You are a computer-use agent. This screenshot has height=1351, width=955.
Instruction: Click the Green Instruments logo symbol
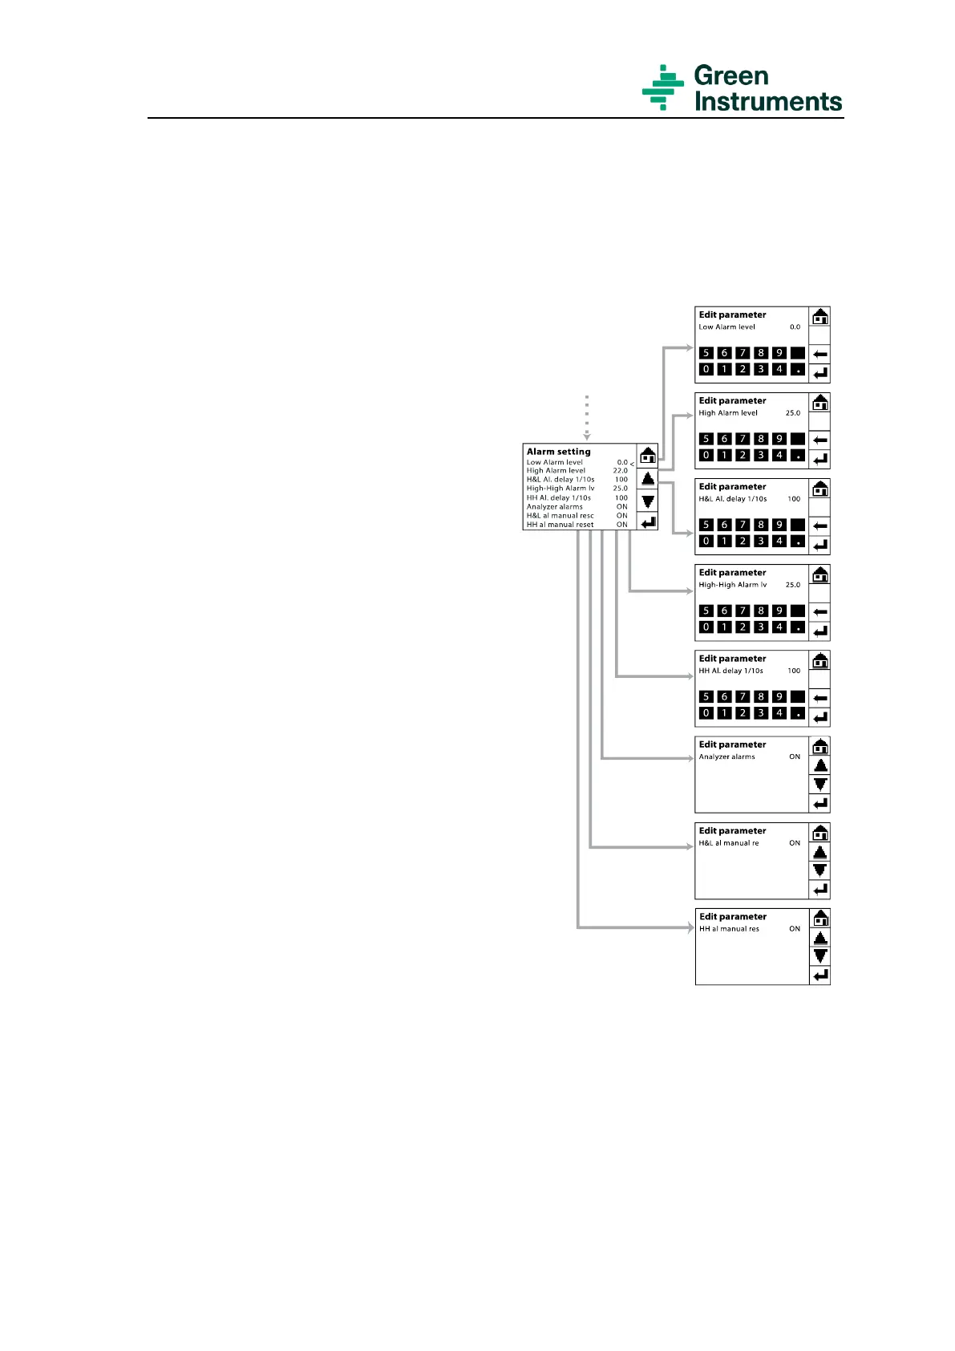(x=662, y=87)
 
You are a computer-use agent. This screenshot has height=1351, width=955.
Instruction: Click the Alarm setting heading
(x=558, y=452)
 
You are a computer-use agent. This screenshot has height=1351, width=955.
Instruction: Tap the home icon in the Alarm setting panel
(x=648, y=456)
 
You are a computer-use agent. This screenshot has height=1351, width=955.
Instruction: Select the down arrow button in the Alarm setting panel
(x=648, y=501)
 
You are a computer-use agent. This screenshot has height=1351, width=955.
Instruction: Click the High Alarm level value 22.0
(x=620, y=471)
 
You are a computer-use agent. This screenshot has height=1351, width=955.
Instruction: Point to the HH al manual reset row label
(x=560, y=525)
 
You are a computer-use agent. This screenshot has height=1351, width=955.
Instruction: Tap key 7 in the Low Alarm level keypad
(x=743, y=353)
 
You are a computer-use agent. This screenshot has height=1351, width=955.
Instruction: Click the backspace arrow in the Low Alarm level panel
(x=819, y=354)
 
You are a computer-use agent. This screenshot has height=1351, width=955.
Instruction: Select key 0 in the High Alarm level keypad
(x=706, y=456)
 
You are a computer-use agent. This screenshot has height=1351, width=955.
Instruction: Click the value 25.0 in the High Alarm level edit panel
(x=792, y=413)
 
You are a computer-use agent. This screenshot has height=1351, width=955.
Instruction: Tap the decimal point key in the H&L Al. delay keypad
(x=797, y=542)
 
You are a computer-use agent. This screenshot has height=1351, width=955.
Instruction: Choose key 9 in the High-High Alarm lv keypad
(x=779, y=611)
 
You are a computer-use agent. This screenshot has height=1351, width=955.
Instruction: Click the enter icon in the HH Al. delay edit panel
(x=819, y=717)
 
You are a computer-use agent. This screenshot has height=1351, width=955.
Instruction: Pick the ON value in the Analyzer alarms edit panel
(x=794, y=757)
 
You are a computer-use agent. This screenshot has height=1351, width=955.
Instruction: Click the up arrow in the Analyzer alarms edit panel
(x=819, y=765)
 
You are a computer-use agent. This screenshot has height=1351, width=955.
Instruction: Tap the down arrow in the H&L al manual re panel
(x=819, y=870)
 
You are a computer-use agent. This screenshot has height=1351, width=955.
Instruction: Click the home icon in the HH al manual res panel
(x=819, y=919)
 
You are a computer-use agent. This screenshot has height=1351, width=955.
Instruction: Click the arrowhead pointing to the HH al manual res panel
(x=690, y=928)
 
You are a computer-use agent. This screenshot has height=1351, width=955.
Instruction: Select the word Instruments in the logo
(x=767, y=102)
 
